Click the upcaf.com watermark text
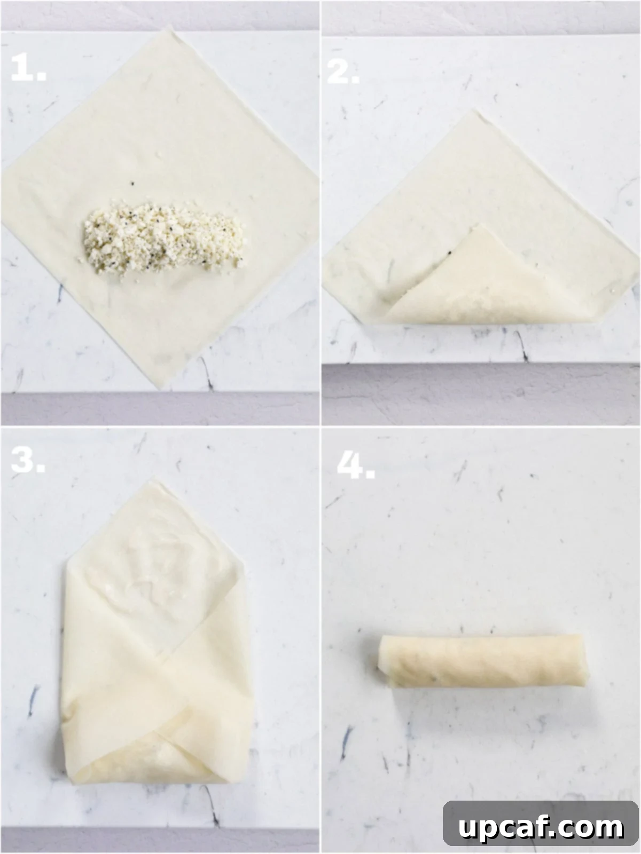541,827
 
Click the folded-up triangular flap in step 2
481,283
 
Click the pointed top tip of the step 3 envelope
154,483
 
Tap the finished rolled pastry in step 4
481,661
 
